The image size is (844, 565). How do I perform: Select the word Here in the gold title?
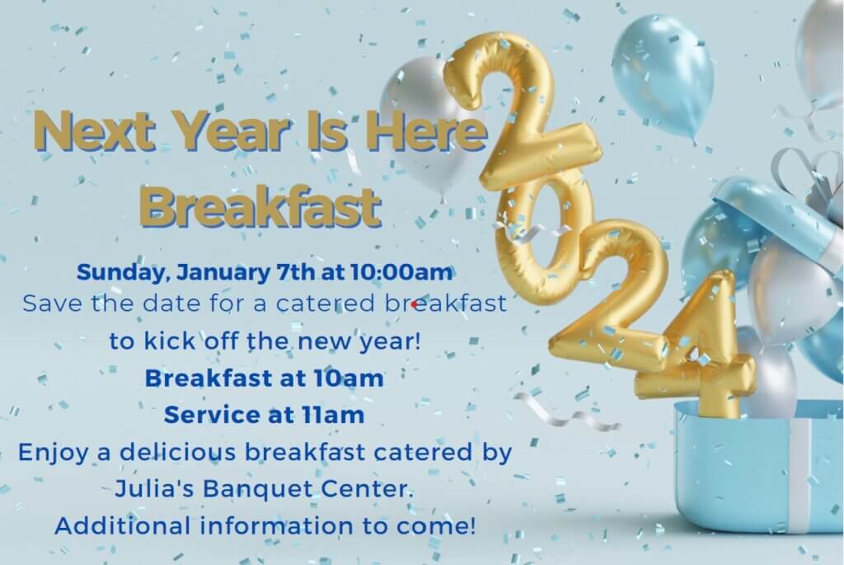pos(426,130)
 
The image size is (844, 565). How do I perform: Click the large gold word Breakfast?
pos(260,205)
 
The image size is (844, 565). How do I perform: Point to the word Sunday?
pos(120,272)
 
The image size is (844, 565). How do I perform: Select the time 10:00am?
pos(401,271)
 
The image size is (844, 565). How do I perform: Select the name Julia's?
pos(155,489)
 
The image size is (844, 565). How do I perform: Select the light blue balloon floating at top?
pos(663,75)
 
